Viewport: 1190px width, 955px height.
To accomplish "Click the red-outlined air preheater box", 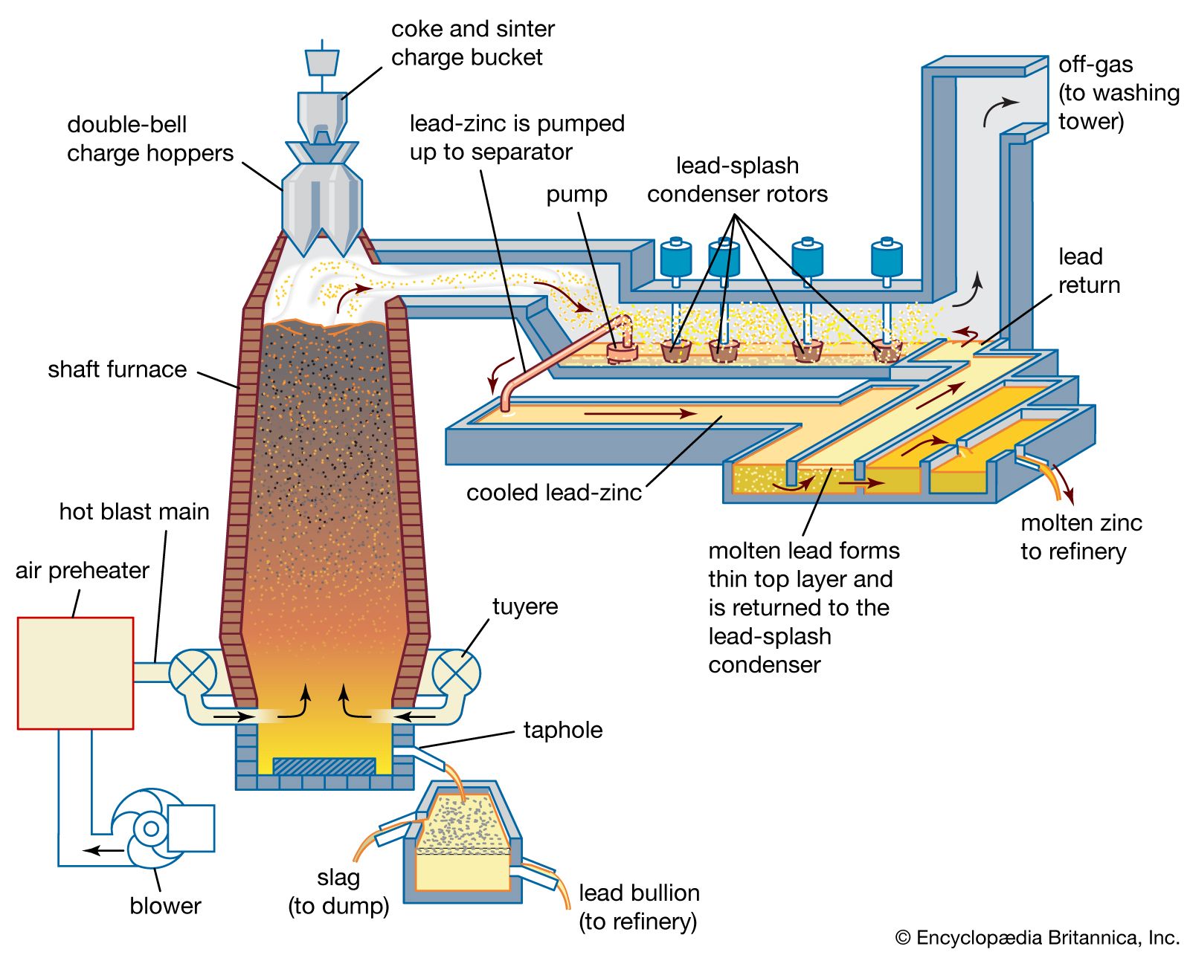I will pos(75,673).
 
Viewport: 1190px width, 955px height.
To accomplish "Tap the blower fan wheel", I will pos(151,828).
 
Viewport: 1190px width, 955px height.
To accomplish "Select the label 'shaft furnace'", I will pos(117,369).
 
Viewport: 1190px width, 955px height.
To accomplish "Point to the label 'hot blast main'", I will pos(134,511).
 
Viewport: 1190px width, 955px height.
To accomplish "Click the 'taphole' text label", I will pos(562,730).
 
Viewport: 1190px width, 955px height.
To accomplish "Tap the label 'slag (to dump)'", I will pos(338,892).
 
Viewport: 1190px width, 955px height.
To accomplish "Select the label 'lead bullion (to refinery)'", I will pos(638,907).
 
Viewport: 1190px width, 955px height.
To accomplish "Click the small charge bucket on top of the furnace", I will pos(322,62).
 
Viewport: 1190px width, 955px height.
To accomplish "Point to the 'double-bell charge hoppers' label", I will pos(149,138).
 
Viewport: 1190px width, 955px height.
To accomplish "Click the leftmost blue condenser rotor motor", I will pos(675,259).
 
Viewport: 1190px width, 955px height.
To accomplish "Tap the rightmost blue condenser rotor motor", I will pos(886,259).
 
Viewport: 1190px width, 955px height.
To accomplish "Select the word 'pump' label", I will pos(576,195).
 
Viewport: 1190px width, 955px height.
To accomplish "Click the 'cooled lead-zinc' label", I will pos(553,493).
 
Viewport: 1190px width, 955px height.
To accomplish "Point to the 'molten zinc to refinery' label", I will pos(1080,537).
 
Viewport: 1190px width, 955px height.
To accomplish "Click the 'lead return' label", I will pos(1088,271).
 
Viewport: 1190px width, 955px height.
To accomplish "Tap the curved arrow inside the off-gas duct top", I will pos(999,111).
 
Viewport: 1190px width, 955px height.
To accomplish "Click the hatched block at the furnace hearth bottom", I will pos(324,766).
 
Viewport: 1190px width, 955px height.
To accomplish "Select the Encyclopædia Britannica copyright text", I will pos(1037,938).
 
